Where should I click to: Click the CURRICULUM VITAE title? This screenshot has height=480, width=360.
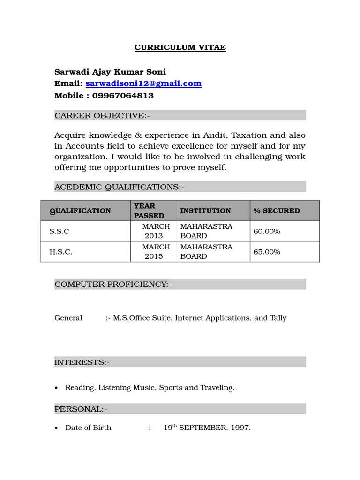(x=180, y=48)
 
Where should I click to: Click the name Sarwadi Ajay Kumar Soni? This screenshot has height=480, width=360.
(x=110, y=72)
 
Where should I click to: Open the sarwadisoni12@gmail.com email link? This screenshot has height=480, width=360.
(x=143, y=83)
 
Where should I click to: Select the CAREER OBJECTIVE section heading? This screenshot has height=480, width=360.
(x=102, y=115)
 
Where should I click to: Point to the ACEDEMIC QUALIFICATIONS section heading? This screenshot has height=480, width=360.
(x=120, y=187)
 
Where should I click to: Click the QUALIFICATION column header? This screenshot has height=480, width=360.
(x=80, y=211)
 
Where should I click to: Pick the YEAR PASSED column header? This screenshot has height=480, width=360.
(x=149, y=211)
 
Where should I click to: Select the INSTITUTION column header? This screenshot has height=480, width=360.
(x=205, y=211)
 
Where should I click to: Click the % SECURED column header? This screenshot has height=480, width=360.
(x=277, y=211)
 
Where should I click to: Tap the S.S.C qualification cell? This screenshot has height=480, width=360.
(x=59, y=232)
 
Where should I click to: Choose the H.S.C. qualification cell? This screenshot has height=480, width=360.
(x=61, y=252)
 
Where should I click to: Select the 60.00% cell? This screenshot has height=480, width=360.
(x=267, y=232)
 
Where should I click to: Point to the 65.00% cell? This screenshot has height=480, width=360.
(x=267, y=252)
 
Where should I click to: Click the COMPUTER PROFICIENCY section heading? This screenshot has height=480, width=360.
(x=113, y=284)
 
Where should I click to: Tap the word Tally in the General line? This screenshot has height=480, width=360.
(x=278, y=318)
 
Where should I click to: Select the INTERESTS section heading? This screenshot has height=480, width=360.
(x=82, y=362)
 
